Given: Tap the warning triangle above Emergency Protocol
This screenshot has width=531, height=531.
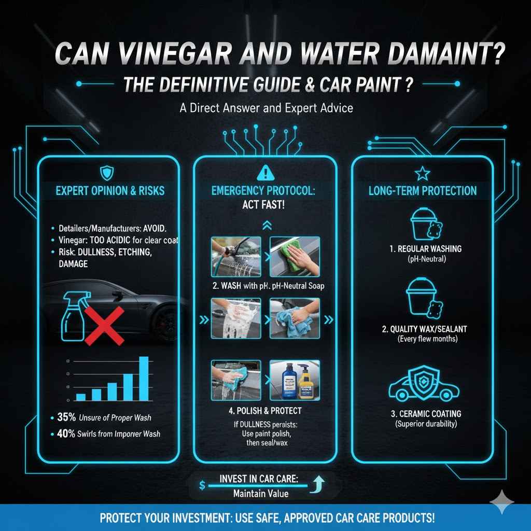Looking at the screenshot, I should tap(264, 172).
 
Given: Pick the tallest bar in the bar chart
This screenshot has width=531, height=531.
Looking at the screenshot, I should tap(144, 379).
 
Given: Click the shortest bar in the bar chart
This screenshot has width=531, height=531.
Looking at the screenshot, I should tap(80, 397).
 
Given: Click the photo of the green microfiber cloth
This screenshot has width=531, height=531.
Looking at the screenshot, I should tap(295, 256).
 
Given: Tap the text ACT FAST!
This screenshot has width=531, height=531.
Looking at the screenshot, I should tap(264, 205).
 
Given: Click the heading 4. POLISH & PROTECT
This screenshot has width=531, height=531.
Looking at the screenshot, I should tap(264, 411).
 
